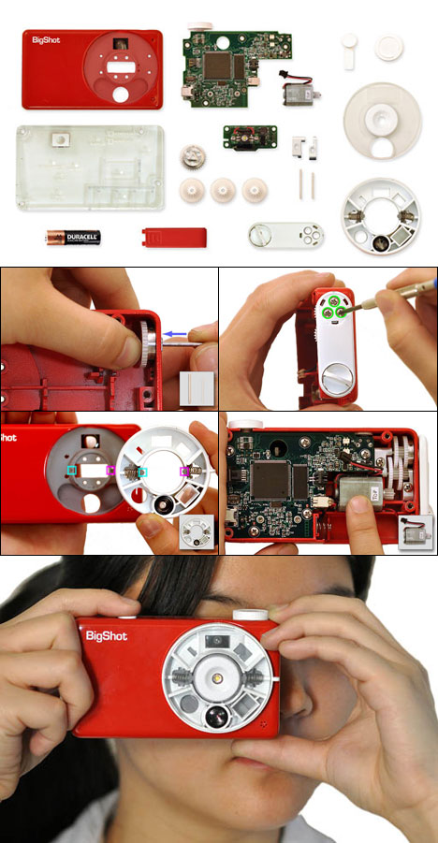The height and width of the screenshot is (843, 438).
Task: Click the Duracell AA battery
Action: point(72,240)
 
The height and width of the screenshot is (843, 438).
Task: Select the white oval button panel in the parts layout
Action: point(285,233)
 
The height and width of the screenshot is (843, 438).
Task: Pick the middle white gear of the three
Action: point(225,190)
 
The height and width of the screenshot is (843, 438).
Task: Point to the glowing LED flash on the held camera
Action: point(219,676)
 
